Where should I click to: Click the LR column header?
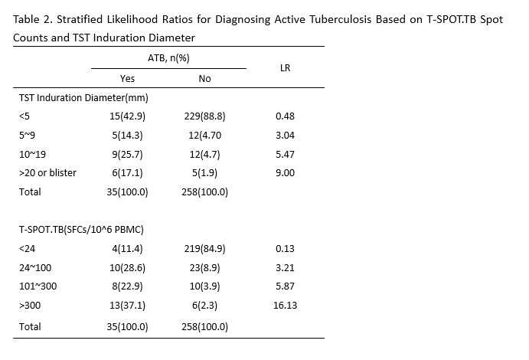pos(285,68)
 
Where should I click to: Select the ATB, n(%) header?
pos(168,58)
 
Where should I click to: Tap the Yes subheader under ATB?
pos(128,78)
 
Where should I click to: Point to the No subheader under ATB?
pos(204,78)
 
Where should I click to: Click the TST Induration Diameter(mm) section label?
pos(83,97)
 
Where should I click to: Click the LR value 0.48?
pos(285,116)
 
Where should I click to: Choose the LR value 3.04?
pos(285,135)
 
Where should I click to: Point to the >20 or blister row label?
pos(47,172)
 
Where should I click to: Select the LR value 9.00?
pos(285,172)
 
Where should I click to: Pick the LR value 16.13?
pos(285,305)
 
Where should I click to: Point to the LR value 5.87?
pos(285,286)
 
